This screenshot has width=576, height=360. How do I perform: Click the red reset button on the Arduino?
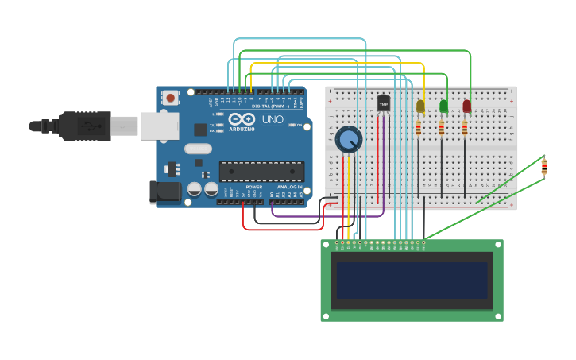pos(170,98)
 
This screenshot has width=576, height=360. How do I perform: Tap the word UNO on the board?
pos(273,120)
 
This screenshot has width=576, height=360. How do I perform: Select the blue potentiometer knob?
pos(348,140)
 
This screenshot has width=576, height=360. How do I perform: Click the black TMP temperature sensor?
pos(384,103)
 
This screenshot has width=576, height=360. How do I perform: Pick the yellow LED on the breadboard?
pos(420,106)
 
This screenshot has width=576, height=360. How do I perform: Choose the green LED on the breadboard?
pos(443,106)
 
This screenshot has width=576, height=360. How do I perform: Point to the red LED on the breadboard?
pos(467,106)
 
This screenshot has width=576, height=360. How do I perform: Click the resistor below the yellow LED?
pos(419,128)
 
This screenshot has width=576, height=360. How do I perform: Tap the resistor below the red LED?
pos(465,128)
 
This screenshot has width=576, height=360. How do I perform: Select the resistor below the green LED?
pos(442,128)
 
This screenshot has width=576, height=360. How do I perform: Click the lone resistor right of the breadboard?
pos(544,167)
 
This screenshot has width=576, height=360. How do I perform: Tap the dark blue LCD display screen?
pos(412,280)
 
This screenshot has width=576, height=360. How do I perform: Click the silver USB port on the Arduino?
pos(159,126)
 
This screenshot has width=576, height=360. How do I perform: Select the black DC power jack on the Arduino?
pos(164,192)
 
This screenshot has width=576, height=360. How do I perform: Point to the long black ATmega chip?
pos(261,172)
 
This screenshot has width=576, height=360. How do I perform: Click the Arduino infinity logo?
pos(242,119)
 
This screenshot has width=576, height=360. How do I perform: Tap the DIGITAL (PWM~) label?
pos(271,106)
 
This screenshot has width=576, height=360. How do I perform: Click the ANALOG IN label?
pos(288,187)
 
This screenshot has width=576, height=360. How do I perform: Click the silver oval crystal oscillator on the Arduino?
pos(199,149)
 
